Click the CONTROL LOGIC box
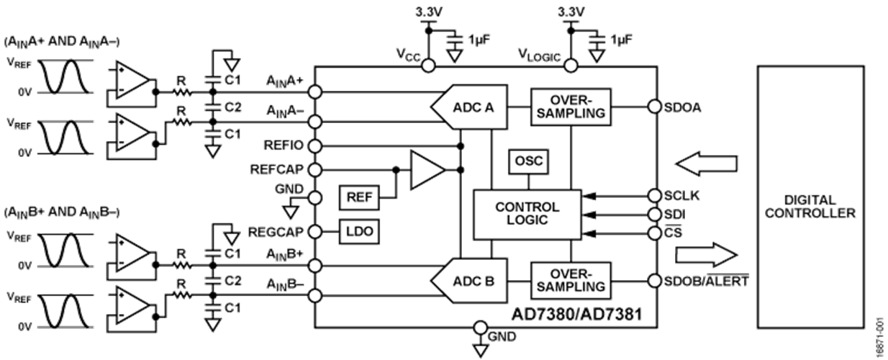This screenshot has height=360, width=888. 527,214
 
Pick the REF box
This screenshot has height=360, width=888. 359,197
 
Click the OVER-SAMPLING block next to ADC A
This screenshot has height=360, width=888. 571,107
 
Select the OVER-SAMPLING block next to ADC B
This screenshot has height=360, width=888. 571,281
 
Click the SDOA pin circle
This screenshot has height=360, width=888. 655,107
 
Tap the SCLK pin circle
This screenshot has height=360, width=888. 655,196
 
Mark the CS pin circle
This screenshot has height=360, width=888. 655,233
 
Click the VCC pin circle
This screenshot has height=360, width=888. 427,66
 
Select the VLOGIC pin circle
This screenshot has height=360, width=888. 571,66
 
